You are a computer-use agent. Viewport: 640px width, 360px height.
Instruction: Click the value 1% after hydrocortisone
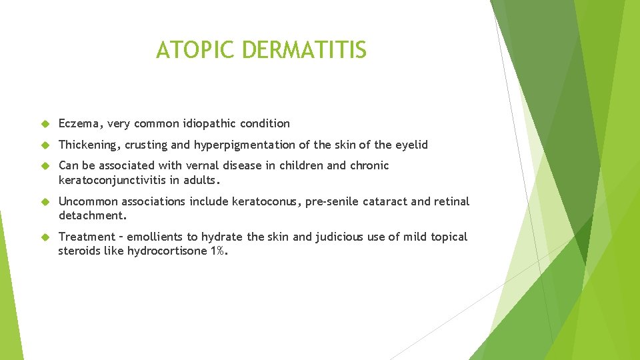(x=219, y=251)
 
